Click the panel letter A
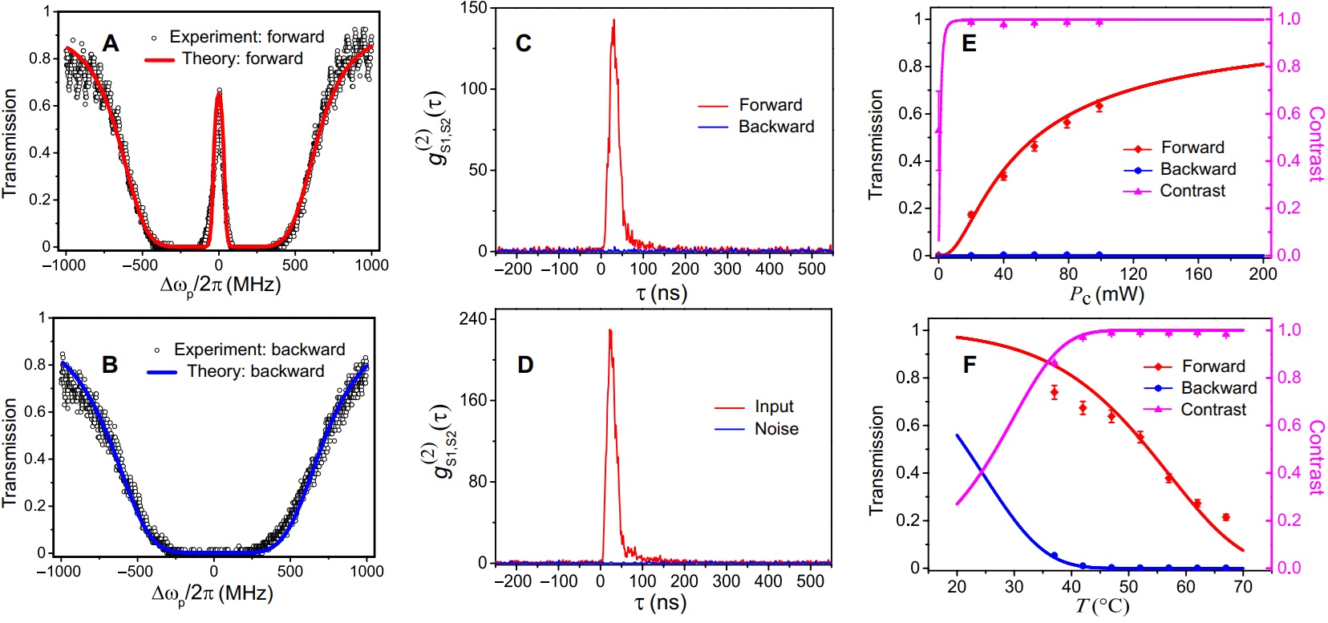click(111, 43)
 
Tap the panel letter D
click(525, 366)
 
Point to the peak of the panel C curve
click(613, 20)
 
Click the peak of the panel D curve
click(609, 330)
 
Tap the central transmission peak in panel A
click(219, 93)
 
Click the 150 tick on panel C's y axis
click(474, 8)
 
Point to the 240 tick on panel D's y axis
click(473, 319)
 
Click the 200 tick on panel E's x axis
click(1263, 273)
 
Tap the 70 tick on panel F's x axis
click(1243, 586)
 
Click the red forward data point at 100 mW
click(1099, 106)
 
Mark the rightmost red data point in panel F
click(1226, 517)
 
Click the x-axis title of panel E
click(1107, 294)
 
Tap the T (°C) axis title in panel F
click(1102, 605)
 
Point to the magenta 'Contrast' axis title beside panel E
click(1316, 144)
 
